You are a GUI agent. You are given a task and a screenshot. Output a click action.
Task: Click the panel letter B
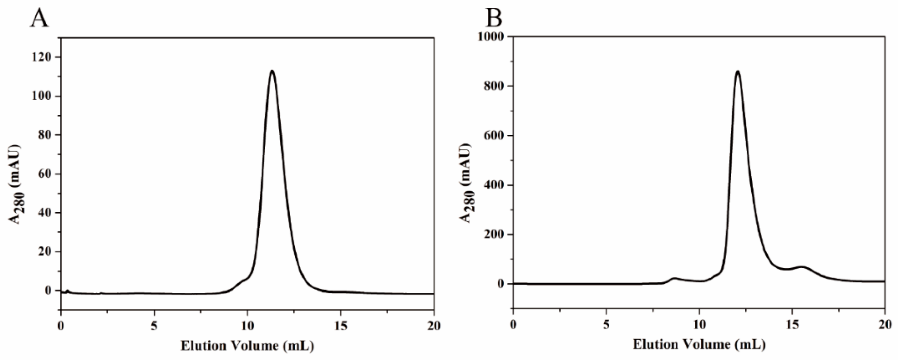pyautogui.click(x=494, y=18)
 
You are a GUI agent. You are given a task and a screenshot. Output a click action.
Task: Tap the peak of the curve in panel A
pyautogui.click(x=272, y=72)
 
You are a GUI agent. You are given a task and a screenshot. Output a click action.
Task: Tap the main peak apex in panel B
pyautogui.click(x=737, y=72)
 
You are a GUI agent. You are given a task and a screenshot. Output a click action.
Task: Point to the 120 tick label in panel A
pyautogui.click(x=41, y=57)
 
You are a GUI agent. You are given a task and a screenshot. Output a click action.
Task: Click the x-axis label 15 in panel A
pyautogui.click(x=341, y=326)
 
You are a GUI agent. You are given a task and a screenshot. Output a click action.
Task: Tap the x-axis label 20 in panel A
pyautogui.click(x=434, y=326)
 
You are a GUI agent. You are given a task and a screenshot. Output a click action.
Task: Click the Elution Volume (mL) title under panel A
pyautogui.click(x=247, y=346)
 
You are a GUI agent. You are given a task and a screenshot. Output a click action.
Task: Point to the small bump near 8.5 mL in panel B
pyautogui.click(x=674, y=278)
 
